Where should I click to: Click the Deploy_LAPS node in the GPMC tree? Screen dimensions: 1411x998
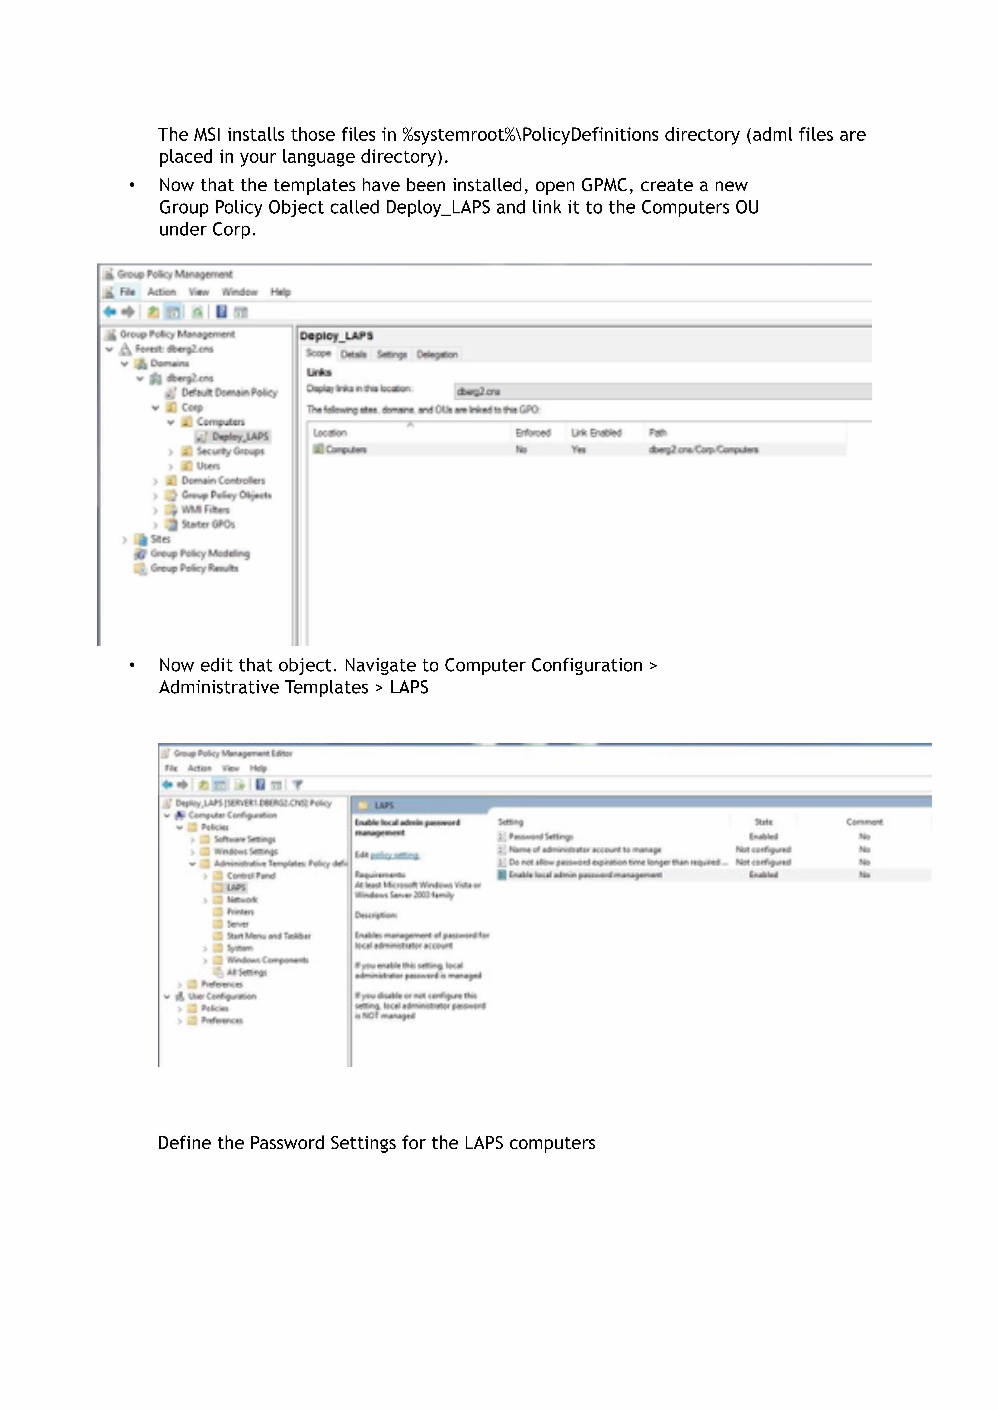[x=240, y=436]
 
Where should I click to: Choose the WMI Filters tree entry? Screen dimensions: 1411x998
[x=205, y=509]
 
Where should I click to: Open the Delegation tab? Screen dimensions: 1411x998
[x=437, y=355]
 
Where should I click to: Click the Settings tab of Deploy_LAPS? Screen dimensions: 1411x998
[x=392, y=355]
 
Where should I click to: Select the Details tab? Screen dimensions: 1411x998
[x=353, y=355]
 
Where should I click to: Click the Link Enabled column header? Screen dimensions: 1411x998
[x=596, y=433]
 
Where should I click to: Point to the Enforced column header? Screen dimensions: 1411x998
[x=533, y=433]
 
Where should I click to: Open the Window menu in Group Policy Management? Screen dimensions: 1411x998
[x=239, y=292]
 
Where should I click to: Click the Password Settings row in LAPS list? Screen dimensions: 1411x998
[x=541, y=836]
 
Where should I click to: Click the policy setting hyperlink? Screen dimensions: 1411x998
[x=395, y=855]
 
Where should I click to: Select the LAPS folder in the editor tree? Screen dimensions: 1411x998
[x=236, y=887]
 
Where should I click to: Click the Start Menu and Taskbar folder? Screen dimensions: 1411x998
[x=269, y=936]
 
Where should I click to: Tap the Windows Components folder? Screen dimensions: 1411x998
[x=267, y=960]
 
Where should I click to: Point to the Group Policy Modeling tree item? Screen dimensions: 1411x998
[x=200, y=554]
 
